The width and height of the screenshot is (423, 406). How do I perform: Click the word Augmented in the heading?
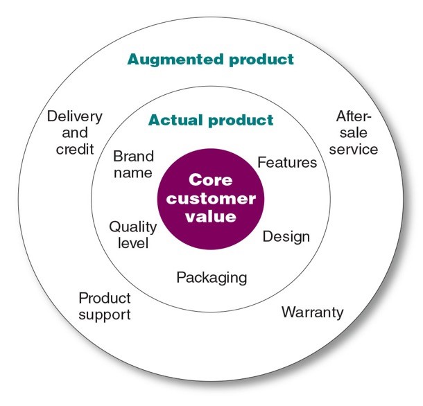tap(175, 60)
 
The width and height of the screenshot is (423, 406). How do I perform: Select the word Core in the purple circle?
tap(210, 179)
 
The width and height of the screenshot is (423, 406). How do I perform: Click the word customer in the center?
tap(211, 199)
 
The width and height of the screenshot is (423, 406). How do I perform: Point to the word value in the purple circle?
tap(211, 217)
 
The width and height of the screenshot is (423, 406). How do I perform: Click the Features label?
tap(287, 162)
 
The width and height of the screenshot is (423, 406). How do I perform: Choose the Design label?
tap(286, 237)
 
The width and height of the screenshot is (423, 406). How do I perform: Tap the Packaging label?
tap(211, 278)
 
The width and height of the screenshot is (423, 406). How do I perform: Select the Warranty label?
tap(312, 312)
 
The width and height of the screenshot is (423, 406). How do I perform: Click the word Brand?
tap(134, 157)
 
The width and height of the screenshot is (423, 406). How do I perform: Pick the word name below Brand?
tap(133, 173)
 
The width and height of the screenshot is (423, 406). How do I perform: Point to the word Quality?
tap(133, 227)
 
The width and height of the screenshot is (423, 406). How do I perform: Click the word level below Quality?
tap(133, 243)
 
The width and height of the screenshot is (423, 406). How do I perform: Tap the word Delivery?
tap(75, 117)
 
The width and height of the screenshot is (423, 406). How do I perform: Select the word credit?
tap(75, 149)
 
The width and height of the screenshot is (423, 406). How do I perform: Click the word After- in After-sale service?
tap(354, 116)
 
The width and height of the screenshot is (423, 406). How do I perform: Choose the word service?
tap(354, 150)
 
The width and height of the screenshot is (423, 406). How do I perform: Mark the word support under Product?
tap(105, 315)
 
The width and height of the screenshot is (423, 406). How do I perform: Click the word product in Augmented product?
tap(261, 60)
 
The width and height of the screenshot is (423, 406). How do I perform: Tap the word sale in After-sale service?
tap(354, 132)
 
